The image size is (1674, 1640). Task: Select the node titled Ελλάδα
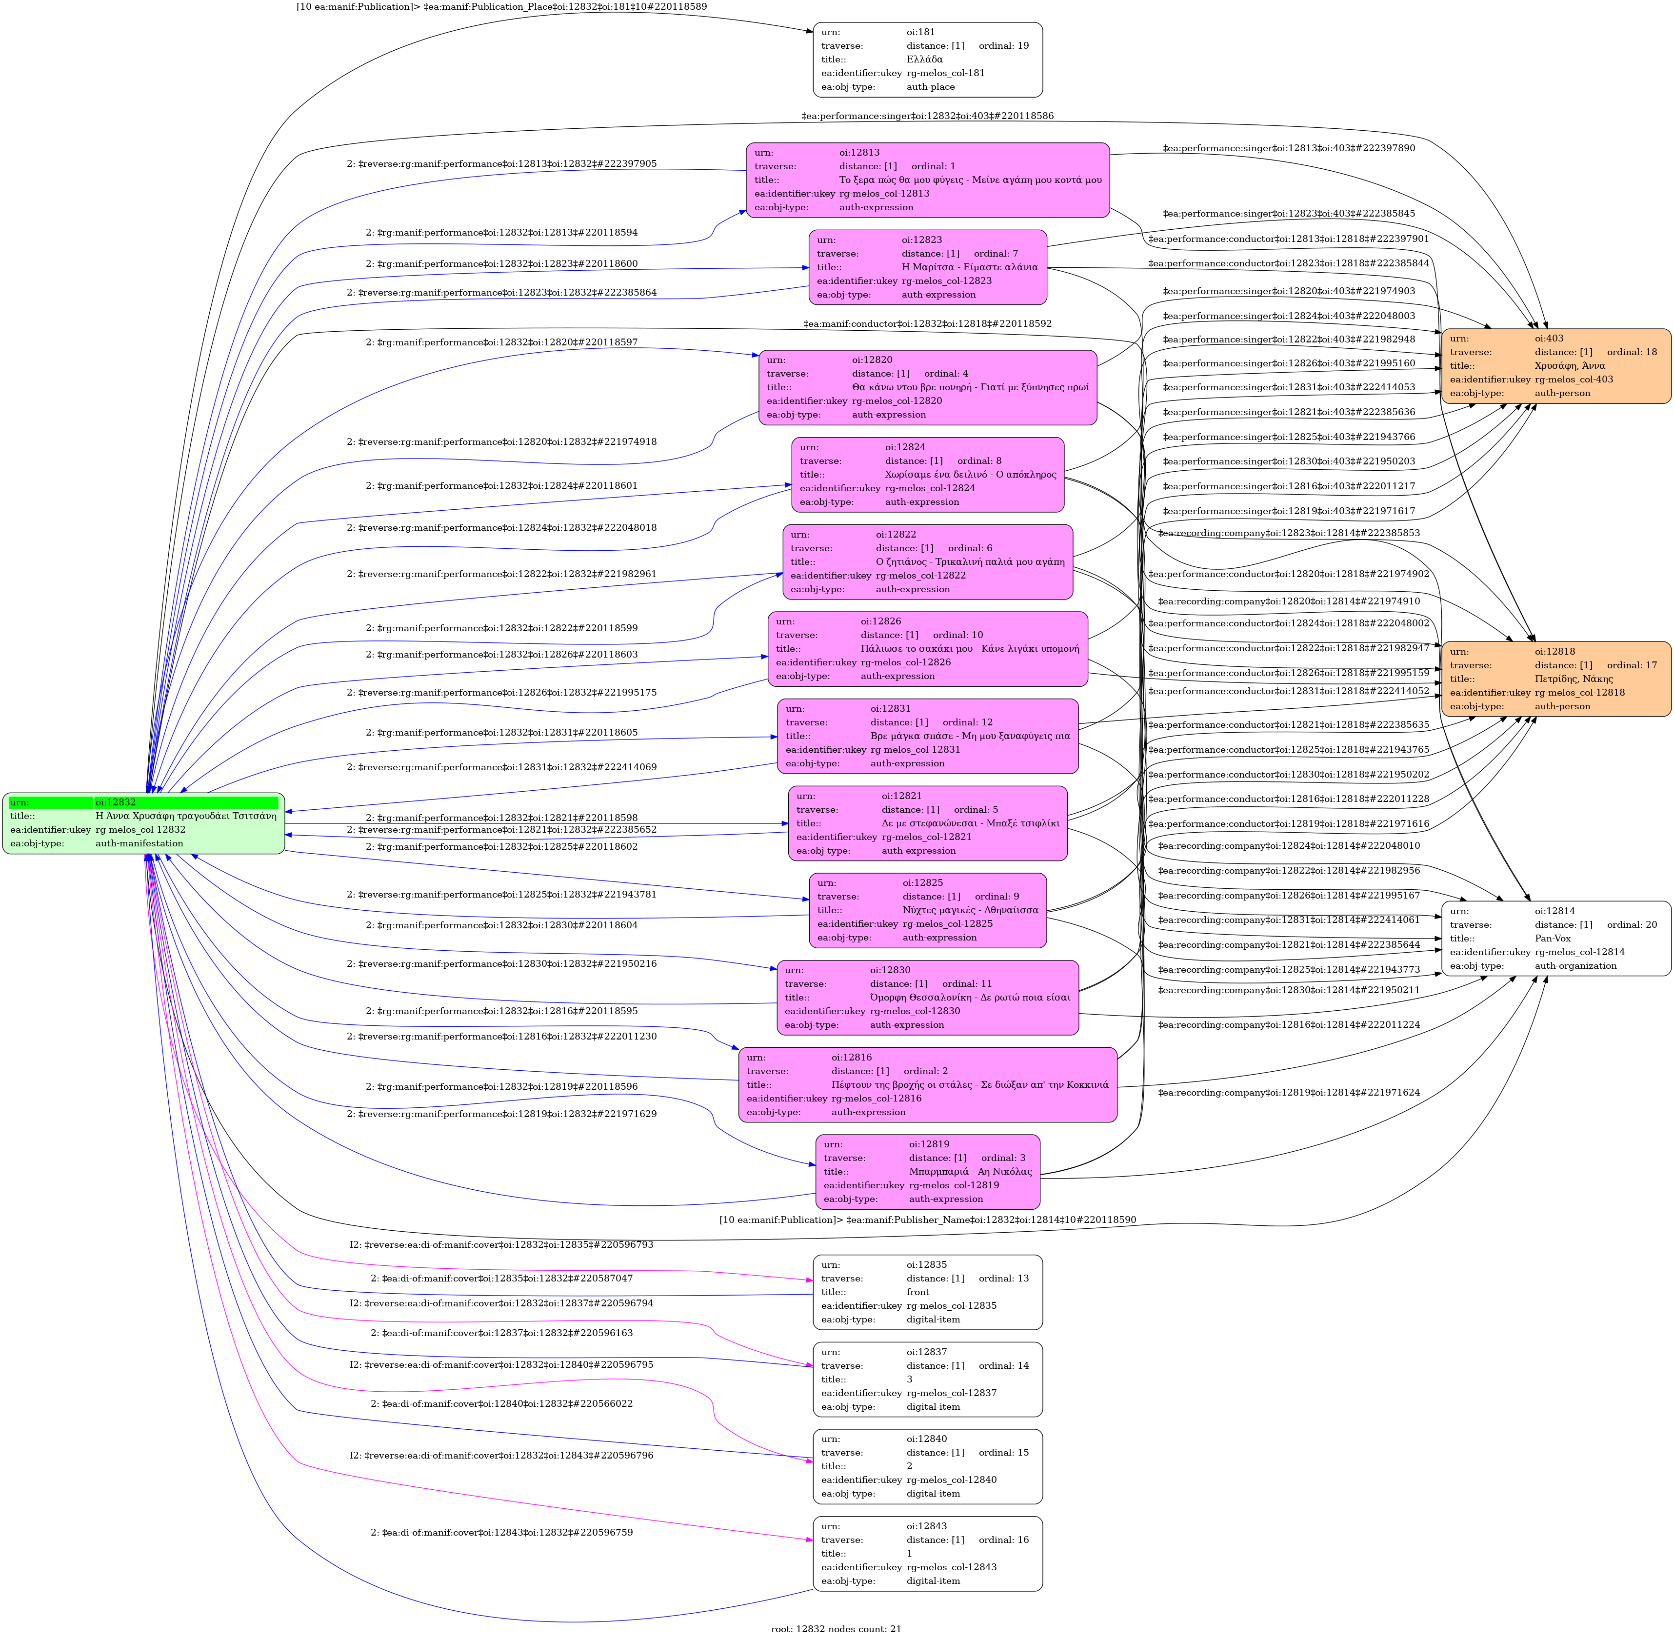tap(927, 60)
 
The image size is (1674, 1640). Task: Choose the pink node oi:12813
tap(927, 180)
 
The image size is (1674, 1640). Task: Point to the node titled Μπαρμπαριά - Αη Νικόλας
tap(927, 1171)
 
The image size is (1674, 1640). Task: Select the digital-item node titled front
tap(927, 1292)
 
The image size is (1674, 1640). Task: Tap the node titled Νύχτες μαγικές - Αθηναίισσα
tap(927, 910)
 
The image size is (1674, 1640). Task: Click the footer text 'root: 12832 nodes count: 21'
tap(836, 1629)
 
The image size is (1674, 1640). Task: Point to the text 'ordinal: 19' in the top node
tap(1003, 46)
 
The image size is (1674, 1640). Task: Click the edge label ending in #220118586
tap(927, 116)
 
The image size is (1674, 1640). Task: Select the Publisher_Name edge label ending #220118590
tap(927, 1220)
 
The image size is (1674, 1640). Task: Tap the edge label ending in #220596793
tap(501, 1245)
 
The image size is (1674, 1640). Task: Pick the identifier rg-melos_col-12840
tap(951, 1480)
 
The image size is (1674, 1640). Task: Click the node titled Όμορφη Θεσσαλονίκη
tap(927, 998)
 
